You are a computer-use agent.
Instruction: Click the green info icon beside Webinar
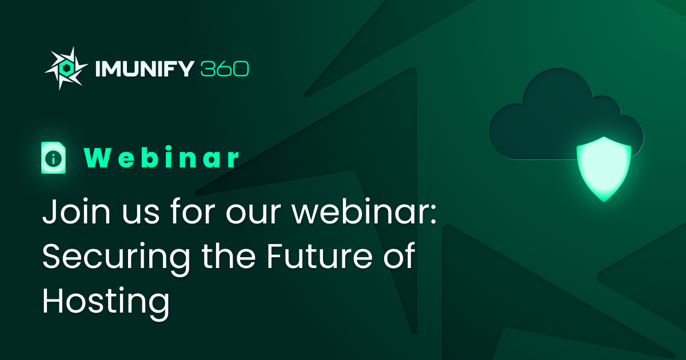[x=54, y=158]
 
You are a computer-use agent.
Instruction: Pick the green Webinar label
[x=162, y=158]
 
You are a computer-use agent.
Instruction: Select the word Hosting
[x=106, y=302]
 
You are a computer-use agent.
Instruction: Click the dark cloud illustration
[x=549, y=114]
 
